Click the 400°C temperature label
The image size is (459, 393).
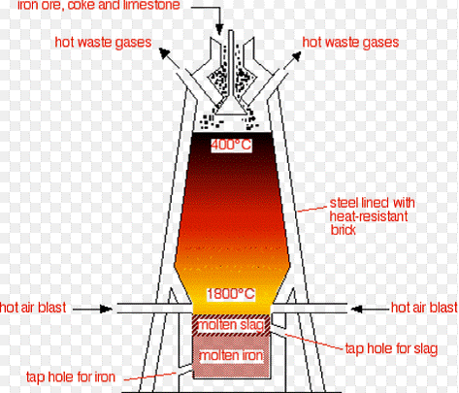231,145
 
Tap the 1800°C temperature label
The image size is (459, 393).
231,294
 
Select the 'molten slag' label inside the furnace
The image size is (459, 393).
231,325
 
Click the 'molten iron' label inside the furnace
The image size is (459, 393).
231,355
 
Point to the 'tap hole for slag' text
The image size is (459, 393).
391,348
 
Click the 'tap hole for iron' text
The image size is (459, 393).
71,377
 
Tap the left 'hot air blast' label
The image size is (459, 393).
33,308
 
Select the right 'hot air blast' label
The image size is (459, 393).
424,308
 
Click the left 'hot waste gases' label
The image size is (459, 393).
103,43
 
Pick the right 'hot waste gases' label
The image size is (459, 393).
350,43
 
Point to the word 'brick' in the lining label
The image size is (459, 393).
343,230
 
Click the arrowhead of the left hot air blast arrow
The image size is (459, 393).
106,309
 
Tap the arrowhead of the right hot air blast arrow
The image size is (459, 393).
357,310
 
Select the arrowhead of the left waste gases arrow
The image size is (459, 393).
164,52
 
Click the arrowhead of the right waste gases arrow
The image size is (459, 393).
296,56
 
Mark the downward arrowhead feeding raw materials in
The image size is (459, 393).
219,29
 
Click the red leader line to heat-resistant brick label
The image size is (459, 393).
311,210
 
